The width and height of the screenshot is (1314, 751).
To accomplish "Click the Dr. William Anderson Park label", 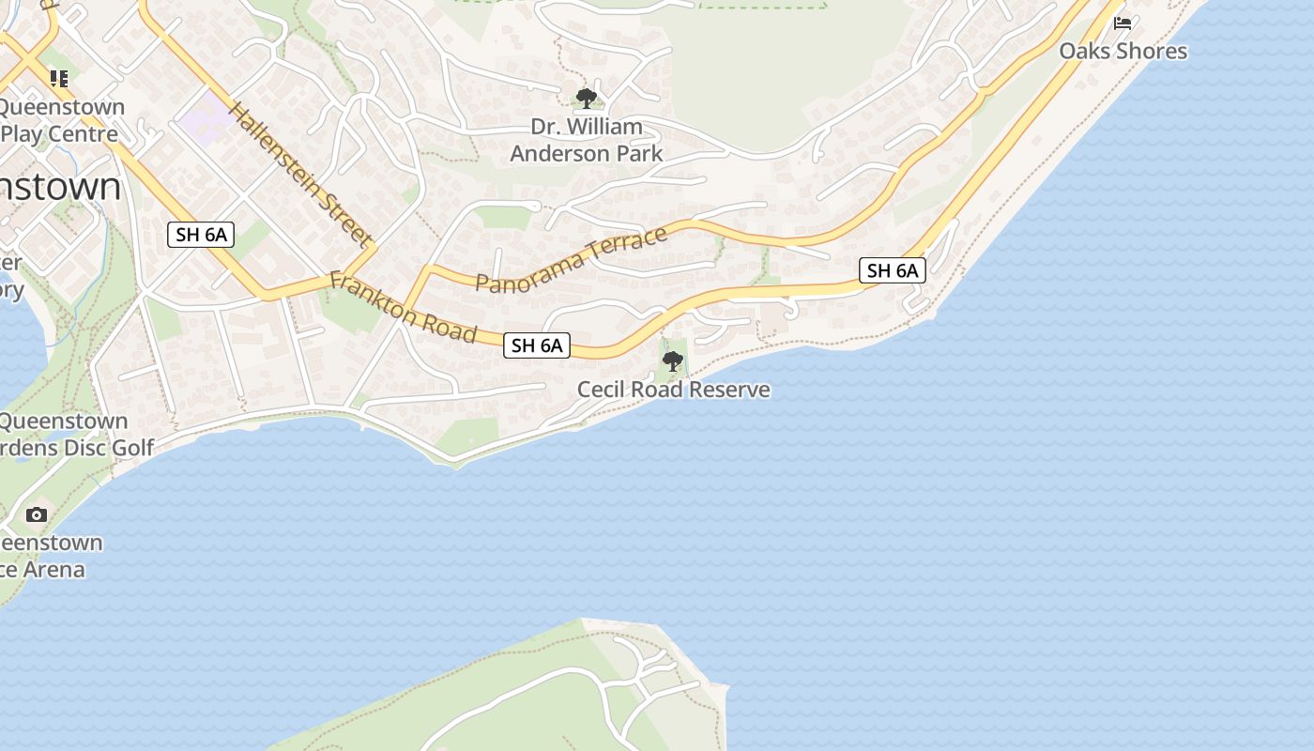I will [587, 140].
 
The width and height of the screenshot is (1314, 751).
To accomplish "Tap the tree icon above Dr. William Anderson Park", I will [587, 98].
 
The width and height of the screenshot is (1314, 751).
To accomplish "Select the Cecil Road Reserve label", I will [673, 390].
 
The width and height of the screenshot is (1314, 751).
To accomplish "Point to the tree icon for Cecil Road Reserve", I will [672, 360].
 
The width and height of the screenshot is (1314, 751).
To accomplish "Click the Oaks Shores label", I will [1123, 51].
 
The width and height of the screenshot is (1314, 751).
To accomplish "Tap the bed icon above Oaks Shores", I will [1123, 23].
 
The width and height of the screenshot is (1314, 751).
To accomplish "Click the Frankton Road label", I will [404, 308].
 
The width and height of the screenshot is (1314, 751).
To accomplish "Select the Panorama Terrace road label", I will [572, 259].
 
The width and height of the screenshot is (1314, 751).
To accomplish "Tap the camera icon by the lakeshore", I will [37, 514].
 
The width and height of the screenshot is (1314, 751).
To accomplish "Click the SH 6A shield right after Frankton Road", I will [537, 345].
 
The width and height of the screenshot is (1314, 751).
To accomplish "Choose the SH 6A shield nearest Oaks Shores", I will [893, 271].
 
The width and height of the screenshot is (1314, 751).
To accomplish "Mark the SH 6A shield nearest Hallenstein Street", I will [201, 235].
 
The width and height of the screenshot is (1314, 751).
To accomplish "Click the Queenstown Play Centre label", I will [62, 120].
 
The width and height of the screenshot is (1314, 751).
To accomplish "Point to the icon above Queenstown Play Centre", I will [59, 79].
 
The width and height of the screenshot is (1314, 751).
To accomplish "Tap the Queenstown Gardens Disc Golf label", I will [75, 434].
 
